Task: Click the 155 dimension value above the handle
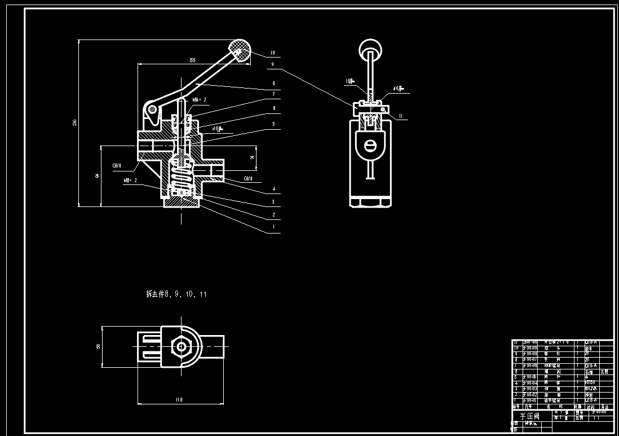tap(192, 60)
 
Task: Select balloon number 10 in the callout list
tap(272, 53)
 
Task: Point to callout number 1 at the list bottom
tap(273, 227)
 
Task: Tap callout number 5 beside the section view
tap(273, 124)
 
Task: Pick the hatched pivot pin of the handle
tap(151, 108)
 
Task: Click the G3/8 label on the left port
tap(116, 166)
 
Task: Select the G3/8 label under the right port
tap(247, 179)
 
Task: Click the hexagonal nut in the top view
tap(180, 345)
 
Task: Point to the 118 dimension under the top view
tap(179, 400)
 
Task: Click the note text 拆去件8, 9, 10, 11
tap(176, 294)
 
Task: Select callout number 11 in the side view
tap(401, 117)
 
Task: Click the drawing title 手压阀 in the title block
tap(529, 416)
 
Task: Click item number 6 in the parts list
tap(515, 372)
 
